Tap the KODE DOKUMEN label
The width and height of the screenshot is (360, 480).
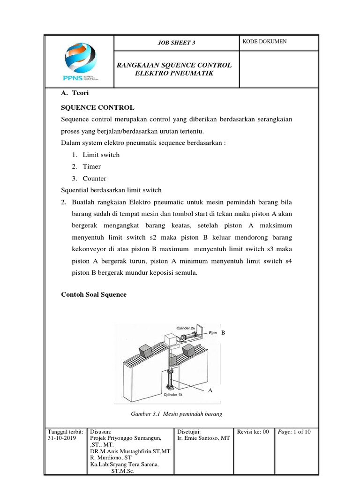pos(264,42)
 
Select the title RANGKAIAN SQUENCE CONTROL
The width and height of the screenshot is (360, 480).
pos(174,65)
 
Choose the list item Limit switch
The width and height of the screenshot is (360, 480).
pos(101,155)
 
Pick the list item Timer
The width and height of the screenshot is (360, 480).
pos(91,166)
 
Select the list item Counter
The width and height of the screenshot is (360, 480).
pos(94,179)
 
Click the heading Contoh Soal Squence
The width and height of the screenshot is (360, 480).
pos(94,294)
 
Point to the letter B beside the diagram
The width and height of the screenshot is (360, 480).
pos(224,333)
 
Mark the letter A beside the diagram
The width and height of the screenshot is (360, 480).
pos(210,390)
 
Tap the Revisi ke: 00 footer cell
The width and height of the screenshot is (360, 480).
pos(253,432)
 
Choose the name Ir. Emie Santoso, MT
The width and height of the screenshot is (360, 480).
pos(203,438)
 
